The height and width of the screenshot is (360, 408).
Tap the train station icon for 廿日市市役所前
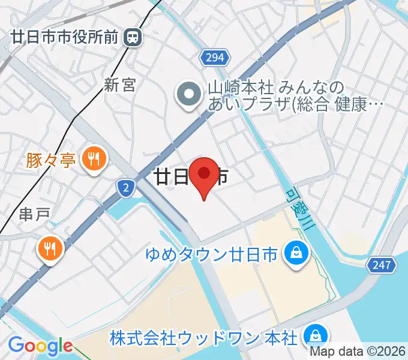click(132, 38)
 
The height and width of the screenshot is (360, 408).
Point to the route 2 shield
click(125, 188)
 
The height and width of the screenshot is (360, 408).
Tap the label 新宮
click(119, 85)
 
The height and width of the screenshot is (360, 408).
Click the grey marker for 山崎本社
click(189, 94)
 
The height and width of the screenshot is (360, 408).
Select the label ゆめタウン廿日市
click(211, 254)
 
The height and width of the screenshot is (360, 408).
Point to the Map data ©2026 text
click(358, 352)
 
